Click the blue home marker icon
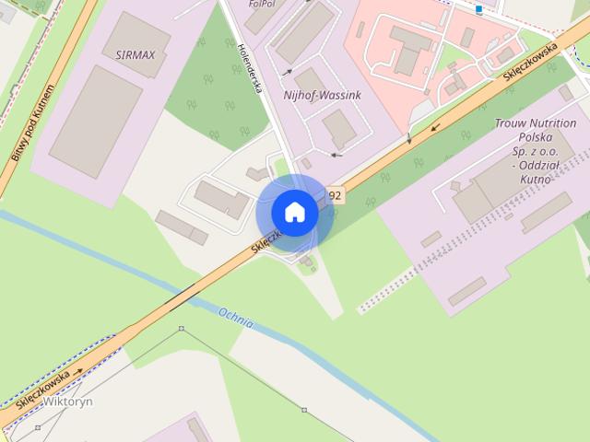click(x=294, y=212)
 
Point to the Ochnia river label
click(x=236, y=319)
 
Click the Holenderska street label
click(x=251, y=70)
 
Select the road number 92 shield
click(x=335, y=195)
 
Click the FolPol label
click(x=262, y=4)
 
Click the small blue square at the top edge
click(x=479, y=9)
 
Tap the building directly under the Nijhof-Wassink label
click(x=339, y=128)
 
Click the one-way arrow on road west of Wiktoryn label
click(x=78, y=372)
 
